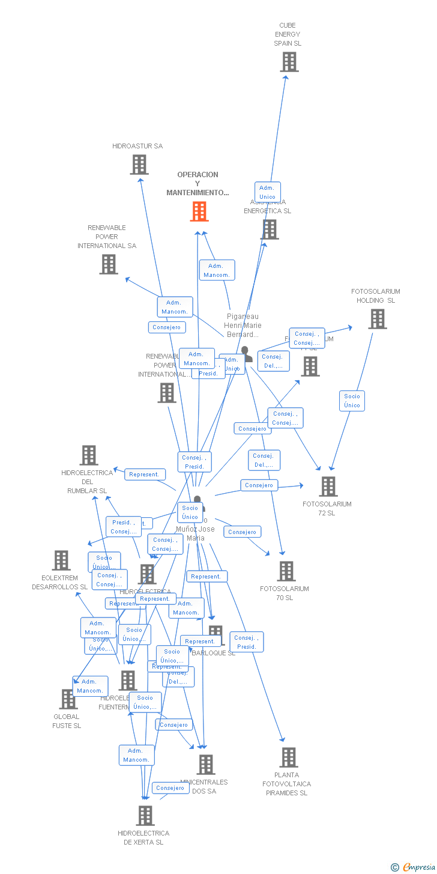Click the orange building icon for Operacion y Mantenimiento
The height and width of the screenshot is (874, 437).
[x=199, y=211]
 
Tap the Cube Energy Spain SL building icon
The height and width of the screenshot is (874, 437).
[x=289, y=62]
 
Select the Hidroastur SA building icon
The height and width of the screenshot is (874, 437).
[x=139, y=164]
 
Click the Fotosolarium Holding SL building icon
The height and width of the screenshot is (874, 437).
[x=377, y=319]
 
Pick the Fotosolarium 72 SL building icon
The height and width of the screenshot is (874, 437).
[x=328, y=486]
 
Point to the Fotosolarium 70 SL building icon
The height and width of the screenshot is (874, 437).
[x=286, y=571]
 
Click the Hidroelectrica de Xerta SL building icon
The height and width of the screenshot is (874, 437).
[x=145, y=815]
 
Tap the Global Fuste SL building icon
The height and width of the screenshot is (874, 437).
[x=68, y=699]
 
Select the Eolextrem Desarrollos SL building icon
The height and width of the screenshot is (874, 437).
[x=61, y=560]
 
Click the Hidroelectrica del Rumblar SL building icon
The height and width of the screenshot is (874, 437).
[x=89, y=455]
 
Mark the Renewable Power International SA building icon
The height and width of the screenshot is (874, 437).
[x=109, y=264]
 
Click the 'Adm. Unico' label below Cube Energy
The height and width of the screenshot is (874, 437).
[x=267, y=192]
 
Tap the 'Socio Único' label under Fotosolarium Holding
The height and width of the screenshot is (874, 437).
[x=352, y=401]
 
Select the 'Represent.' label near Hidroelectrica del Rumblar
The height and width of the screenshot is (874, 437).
[x=145, y=475]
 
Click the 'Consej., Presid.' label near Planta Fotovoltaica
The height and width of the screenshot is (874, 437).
[x=246, y=642]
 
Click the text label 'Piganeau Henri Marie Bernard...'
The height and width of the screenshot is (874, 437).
[x=243, y=326]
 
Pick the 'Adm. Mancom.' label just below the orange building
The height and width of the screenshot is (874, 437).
[x=217, y=270]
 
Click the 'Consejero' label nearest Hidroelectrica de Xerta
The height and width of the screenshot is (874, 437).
[x=170, y=788]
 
